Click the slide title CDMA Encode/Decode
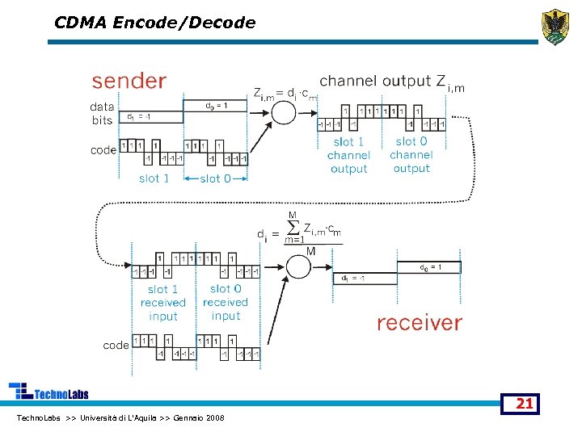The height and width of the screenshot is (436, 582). point(154,23)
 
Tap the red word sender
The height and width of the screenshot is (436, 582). point(129,81)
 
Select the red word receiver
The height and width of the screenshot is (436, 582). point(419,323)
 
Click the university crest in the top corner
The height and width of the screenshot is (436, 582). point(555,26)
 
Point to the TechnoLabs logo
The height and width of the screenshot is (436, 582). point(48,392)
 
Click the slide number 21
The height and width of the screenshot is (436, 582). point(524,403)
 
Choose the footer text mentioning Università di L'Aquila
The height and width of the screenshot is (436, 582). point(120,417)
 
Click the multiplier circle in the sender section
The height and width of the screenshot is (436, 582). point(283,111)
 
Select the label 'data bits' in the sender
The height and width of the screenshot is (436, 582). point(102,113)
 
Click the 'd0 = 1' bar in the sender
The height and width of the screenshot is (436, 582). point(214,105)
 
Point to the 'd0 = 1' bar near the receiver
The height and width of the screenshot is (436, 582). point(428,267)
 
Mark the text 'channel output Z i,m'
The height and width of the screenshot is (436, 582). point(393,82)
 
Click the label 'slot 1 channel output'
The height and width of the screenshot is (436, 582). point(348,155)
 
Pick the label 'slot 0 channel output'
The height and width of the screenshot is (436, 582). point(411,155)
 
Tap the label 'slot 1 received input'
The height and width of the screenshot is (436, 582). point(162,303)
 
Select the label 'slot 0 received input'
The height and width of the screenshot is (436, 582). point(226,303)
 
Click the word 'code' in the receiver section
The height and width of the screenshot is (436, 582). point(116,345)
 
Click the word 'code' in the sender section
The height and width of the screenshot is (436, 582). point(103,149)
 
